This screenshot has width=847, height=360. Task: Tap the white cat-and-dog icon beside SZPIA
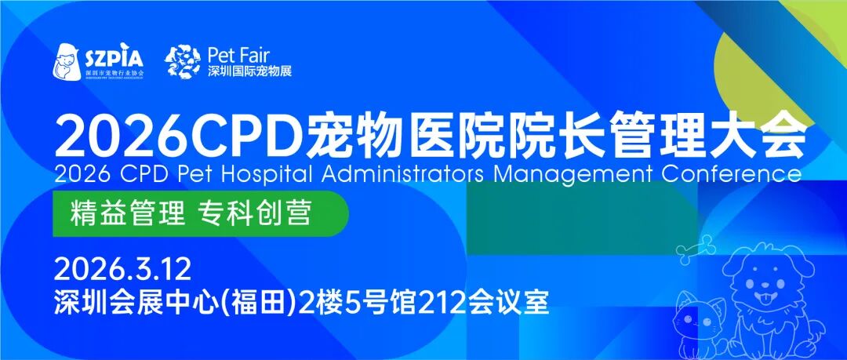tap(67, 61)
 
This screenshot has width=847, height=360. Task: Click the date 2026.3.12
tap(122, 270)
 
